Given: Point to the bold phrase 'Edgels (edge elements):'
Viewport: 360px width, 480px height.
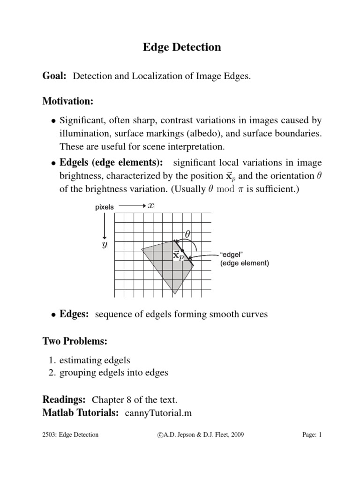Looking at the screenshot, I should click(112, 163).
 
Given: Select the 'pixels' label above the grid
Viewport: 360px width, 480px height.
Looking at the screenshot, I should click(105, 207).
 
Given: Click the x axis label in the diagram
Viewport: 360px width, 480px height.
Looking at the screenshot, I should click(151, 206).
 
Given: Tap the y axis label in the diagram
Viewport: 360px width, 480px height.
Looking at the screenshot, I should click(105, 245).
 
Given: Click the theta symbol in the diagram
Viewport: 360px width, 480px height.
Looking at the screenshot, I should click(187, 233).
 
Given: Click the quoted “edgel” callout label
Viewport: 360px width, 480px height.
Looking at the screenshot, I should click(231, 255).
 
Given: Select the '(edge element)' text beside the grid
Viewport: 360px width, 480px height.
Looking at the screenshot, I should click(245, 263).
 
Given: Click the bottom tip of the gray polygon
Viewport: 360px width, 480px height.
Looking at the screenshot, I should click(175, 293).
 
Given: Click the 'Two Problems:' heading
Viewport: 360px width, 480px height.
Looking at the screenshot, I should click(75, 342).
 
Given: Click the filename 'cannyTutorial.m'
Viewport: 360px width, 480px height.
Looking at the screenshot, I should click(158, 413).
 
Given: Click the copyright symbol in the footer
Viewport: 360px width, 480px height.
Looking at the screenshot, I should click(161, 435).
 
